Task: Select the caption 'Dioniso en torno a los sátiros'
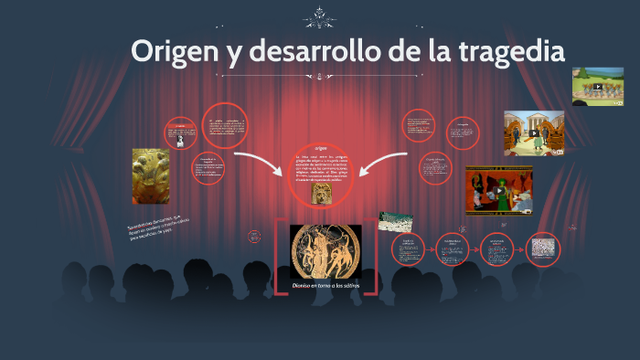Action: point(326,285)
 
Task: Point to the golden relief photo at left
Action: point(151,175)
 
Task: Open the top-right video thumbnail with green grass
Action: point(597,87)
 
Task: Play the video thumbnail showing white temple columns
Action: point(534,133)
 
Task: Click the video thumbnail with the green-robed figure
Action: point(498,188)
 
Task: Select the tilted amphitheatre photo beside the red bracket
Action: point(396,222)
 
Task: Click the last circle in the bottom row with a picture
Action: point(543,249)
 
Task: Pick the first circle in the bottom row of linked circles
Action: point(409,249)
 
